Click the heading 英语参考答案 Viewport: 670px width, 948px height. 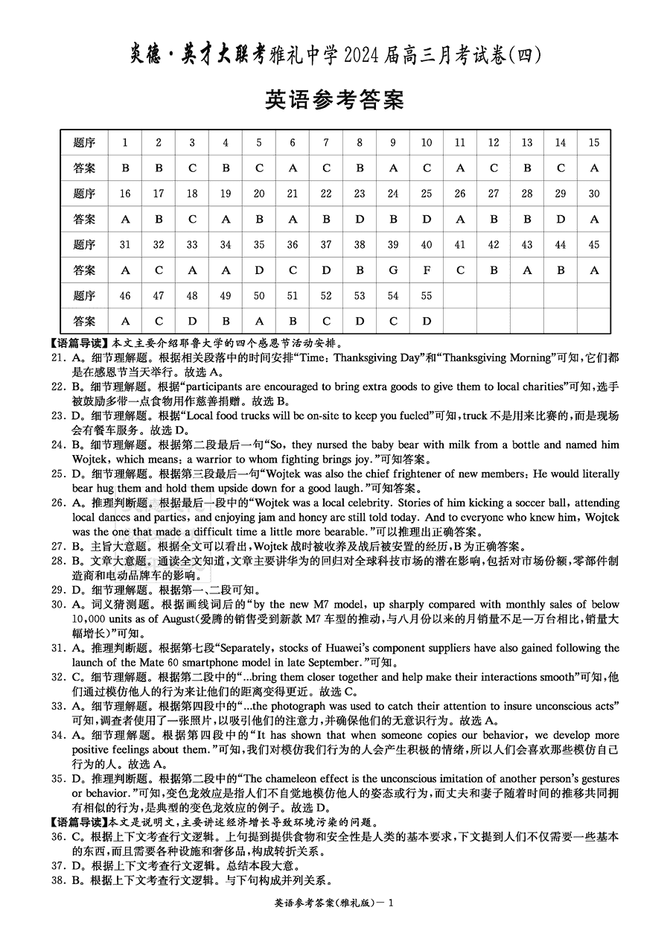coord(334,99)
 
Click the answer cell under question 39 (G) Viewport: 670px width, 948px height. coord(393,270)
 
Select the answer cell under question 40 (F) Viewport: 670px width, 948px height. coord(427,270)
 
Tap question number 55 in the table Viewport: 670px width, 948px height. coord(427,296)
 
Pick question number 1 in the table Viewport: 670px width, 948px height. coord(125,143)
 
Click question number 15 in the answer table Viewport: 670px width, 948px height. coord(593,143)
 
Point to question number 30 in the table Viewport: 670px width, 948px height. coord(593,194)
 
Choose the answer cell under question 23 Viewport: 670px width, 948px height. coord(360,220)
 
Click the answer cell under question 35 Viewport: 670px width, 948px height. coord(259,270)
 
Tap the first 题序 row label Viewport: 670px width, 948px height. coord(85,143)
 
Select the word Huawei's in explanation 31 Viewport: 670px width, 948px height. coord(408,649)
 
